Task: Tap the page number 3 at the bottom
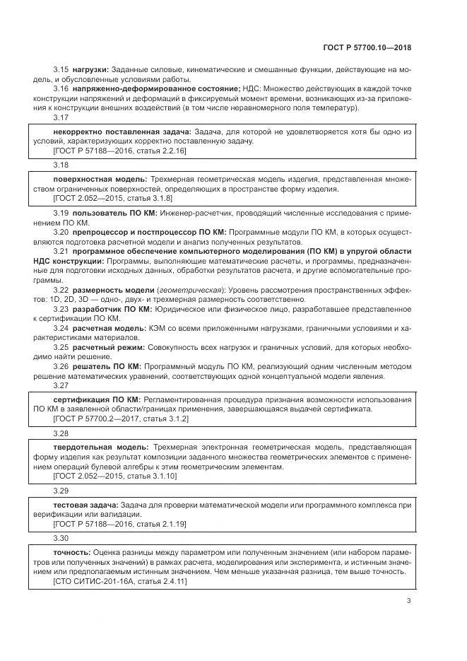point(408,601)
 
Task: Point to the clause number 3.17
point(61,117)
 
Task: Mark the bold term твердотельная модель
point(100,447)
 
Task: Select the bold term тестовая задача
point(85,505)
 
